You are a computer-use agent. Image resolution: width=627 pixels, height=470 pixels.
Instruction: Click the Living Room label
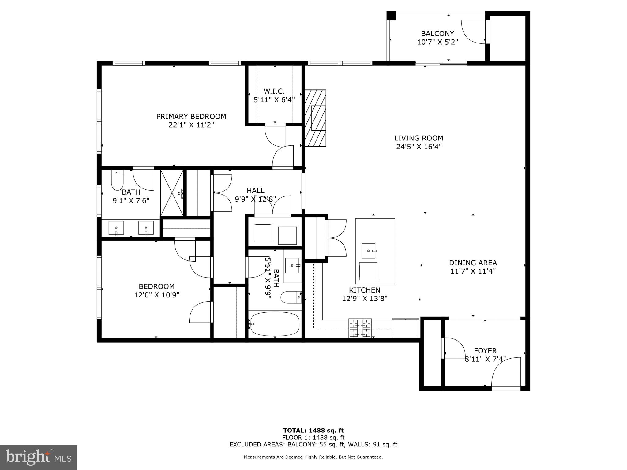tap(419, 138)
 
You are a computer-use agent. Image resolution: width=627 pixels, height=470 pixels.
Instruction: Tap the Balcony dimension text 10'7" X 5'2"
tap(437, 42)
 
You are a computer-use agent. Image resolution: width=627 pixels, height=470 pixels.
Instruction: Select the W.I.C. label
tap(274, 91)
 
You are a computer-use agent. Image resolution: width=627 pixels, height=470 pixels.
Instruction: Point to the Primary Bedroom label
tap(191, 116)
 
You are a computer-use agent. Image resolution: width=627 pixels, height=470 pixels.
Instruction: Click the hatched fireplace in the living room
tap(315, 118)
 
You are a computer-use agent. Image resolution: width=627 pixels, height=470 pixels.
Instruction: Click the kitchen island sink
tap(368, 251)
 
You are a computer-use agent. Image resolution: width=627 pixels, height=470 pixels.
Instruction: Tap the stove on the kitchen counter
tap(360, 328)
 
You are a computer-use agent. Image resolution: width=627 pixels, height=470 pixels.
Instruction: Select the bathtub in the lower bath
tap(275, 324)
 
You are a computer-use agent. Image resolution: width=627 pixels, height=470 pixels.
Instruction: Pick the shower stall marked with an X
tap(172, 193)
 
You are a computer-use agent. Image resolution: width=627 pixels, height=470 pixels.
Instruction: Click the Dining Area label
tap(473, 263)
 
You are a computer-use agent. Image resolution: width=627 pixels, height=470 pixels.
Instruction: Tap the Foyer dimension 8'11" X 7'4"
tap(485, 359)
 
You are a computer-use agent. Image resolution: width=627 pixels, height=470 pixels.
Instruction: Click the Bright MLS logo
tap(38, 457)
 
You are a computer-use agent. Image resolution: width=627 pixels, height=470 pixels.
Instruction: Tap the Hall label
tap(255, 191)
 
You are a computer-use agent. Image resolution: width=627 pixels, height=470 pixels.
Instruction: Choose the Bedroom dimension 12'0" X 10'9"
tap(156, 295)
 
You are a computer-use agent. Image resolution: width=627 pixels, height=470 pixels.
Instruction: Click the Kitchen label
tap(364, 290)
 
